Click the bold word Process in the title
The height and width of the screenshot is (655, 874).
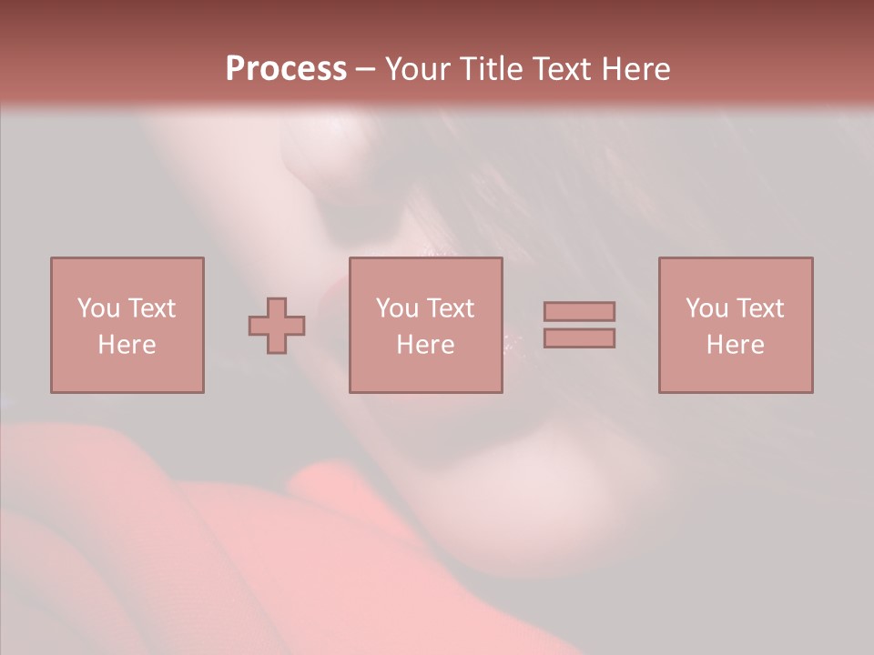pyautogui.click(x=286, y=69)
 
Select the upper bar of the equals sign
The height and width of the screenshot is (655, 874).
pyautogui.click(x=579, y=312)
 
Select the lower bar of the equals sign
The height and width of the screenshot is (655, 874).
pyautogui.click(x=579, y=338)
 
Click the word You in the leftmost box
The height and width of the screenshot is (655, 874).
pyautogui.click(x=98, y=308)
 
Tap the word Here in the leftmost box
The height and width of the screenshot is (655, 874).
pyautogui.click(x=127, y=345)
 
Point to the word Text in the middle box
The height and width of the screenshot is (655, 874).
pyautogui.click(x=450, y=308)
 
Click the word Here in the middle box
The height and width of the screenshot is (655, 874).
pyautogui.click(x=425, y=345)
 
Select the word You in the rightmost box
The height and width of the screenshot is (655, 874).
pyautogui.click(x=706, y=308)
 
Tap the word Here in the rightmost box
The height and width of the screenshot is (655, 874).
pyautogui.click(x=735, y=345)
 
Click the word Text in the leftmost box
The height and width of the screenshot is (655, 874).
pyautogui.click(x=151, y=308)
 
